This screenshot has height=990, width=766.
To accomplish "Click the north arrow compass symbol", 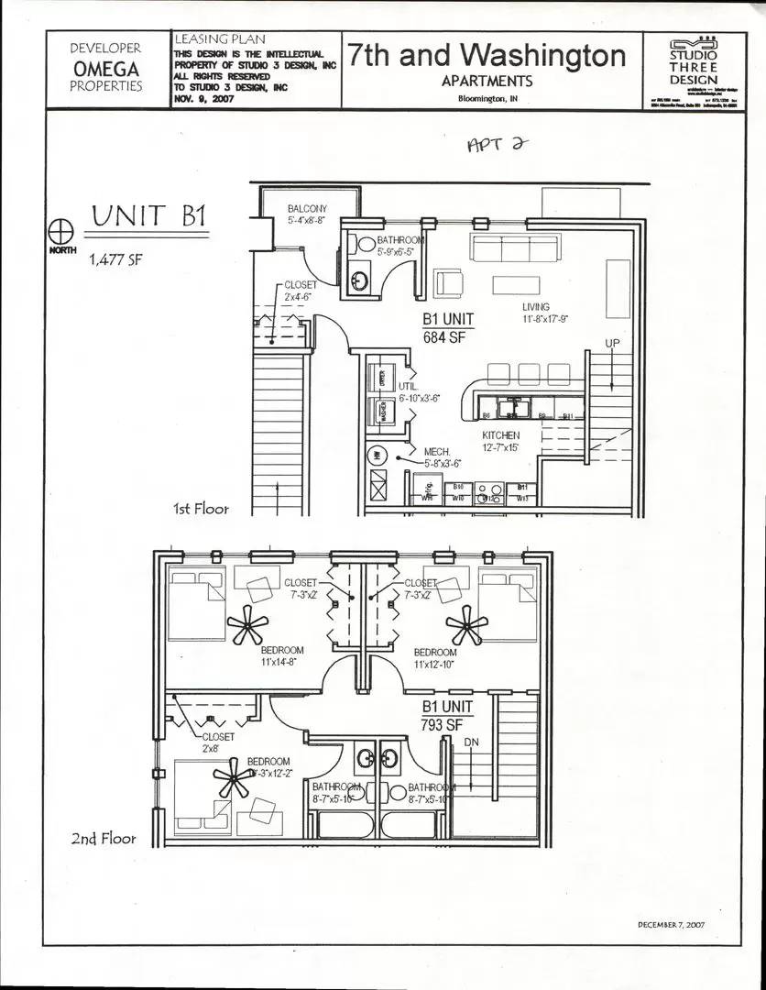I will click(60, 228).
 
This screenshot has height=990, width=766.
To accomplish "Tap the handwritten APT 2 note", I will click(492, 147).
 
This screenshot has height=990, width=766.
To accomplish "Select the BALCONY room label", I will click(306, 209).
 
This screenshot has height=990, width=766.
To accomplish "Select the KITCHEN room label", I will click(501, 434).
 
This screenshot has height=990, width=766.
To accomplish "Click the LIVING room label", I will click(536, 307).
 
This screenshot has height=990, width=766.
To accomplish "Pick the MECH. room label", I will click(435, 452).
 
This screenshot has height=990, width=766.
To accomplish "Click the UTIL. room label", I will click(409, 387).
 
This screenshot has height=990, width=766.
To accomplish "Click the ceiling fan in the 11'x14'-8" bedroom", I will click(247, 628).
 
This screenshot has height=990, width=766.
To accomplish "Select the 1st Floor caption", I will click(200, 508).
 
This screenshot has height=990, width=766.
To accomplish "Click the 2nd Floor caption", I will click(104, 838).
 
